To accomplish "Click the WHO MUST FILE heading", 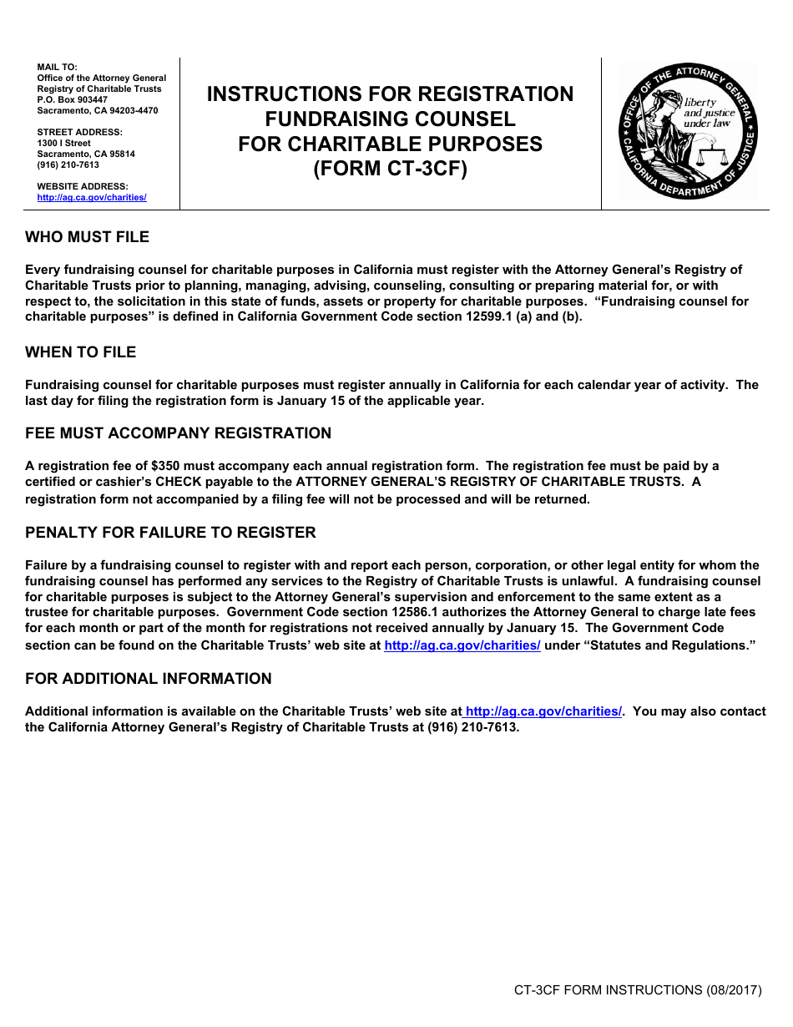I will point(87,237).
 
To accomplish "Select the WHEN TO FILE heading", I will point(80,352).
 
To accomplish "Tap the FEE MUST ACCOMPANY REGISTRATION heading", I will point(178,433).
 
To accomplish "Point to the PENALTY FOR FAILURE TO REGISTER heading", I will point(170,533).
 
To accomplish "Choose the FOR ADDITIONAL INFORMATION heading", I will point(148,679).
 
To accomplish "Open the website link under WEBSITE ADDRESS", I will point(92,198).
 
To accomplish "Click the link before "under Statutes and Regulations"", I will point(462,645).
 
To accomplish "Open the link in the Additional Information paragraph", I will point(543,711).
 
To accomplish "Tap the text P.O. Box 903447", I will point(73,99).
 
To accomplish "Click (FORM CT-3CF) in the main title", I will point(390,169).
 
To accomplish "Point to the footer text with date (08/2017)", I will point(638,990).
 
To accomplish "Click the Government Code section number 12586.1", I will point(371,612).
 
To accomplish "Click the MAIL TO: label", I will point(57,67).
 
